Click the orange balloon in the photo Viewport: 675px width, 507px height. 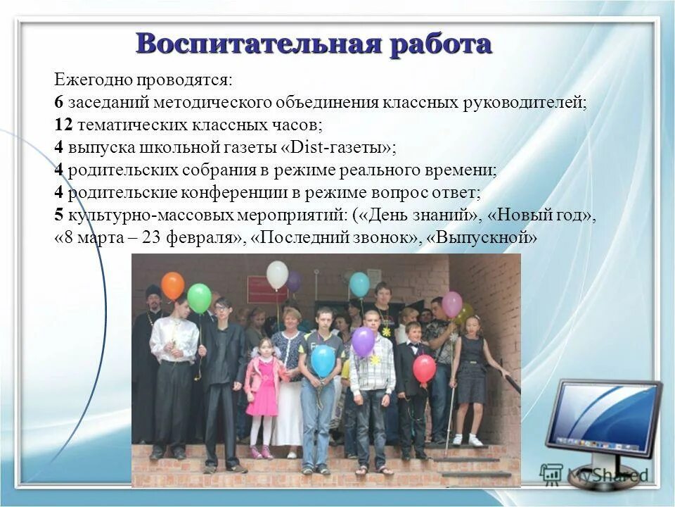[x=172, y=286]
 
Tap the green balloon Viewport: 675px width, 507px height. [x=199, y=298]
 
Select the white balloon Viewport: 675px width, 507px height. [x=277, y=275]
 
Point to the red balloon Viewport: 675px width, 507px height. [x=424, y=368]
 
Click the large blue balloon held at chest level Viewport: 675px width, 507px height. [x=323, y=361]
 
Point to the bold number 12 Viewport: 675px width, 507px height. [x=63, y=125]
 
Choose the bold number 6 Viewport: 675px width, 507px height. [x=58, y=102]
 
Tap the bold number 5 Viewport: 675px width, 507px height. [x=58, y=215]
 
